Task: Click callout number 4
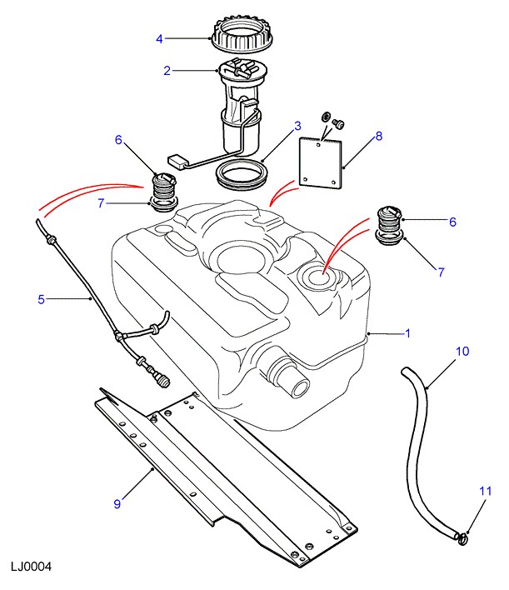(161, 37)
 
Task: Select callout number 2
(167, 71)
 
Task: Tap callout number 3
(296, 127)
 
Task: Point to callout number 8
(377, 136)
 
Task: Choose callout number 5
(40, 297)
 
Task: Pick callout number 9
(117, 502)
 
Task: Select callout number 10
(462, 352)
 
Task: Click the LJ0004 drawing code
(32, 567)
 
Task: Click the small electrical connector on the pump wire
(176, 159)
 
